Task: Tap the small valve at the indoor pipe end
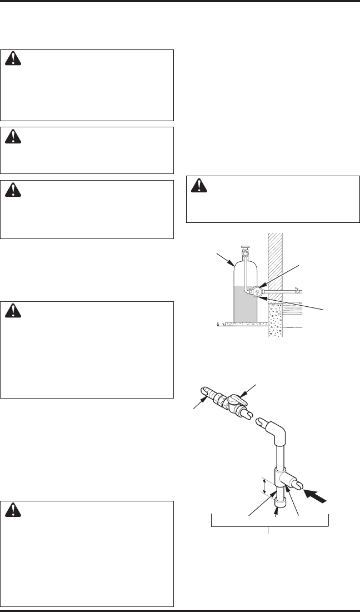[297, 290]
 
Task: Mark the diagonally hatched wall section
[275, 261]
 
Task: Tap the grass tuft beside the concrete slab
[219, 322]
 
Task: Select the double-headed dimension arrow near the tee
[263, 485]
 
